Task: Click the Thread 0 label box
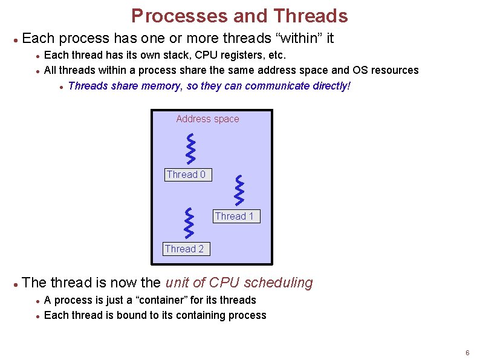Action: [186, 175]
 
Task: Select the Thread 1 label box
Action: [235, 216]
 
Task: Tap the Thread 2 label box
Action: [185, 249]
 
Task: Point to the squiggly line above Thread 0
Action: [191, 148]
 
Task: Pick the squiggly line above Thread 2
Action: [190, 223]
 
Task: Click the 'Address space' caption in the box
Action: [207, 119]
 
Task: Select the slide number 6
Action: [467, 353]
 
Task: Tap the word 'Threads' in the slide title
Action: [310, 16]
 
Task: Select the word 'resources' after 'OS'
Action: [394, 70]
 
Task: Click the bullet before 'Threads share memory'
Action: [62, 87]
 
